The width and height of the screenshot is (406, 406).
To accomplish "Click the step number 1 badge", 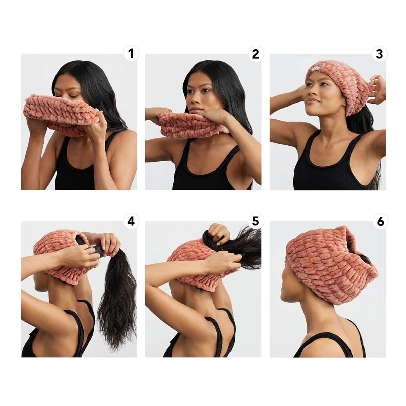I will [x=131, y=53].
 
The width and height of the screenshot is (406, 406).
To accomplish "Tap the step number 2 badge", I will [x=255, y=53].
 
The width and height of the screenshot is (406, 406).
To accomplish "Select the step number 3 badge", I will [x=379, y=53].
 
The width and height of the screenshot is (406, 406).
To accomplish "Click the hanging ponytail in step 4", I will [x=117, y=304].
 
